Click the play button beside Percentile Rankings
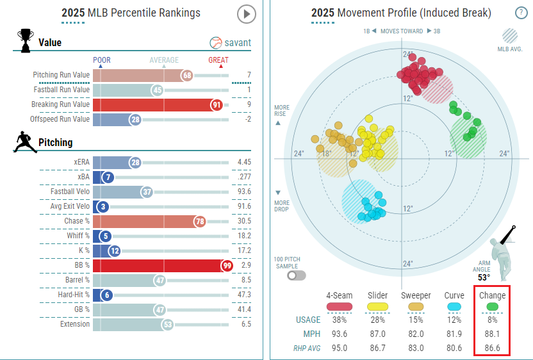246,14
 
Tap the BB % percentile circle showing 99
225,265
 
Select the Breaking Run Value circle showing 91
217,104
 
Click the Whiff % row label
76,236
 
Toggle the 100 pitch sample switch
297,275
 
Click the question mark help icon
521,13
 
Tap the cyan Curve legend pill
454,307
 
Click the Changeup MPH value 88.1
492,333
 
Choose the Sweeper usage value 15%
416,320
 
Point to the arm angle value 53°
484,277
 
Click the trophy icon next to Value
26,41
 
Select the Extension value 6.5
243,324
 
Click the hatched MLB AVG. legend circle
511,35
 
